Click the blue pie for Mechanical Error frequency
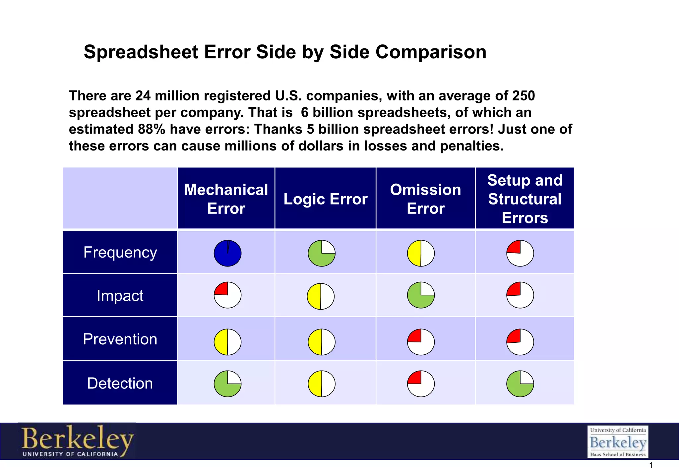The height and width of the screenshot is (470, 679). point(227,253)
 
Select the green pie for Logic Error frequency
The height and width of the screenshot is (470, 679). point(322,253)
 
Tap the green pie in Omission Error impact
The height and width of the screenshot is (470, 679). point(421,295)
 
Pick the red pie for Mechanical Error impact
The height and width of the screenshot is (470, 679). point(227,295)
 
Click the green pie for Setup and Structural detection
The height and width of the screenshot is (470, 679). point(520,384)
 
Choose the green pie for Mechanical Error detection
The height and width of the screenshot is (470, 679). point(227,384)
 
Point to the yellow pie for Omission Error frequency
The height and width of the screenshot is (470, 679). point(421,253)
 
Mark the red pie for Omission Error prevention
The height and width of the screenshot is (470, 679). point(421,342)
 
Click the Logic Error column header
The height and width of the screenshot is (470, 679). point(325,199)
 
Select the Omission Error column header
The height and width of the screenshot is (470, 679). point(425,199)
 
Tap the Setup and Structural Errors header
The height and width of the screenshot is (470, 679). point(525,199)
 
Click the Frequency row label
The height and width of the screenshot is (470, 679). point(120,252)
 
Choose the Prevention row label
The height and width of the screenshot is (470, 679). point(120,339)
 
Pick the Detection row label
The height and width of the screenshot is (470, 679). point(120,383)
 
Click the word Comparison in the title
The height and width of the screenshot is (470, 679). point(431,52)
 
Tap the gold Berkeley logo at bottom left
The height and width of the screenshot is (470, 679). point(77,441)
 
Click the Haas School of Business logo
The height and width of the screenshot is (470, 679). point(618,442)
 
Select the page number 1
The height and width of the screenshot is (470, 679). point(650,465)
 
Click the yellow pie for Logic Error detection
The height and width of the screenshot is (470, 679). point(322,384)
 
